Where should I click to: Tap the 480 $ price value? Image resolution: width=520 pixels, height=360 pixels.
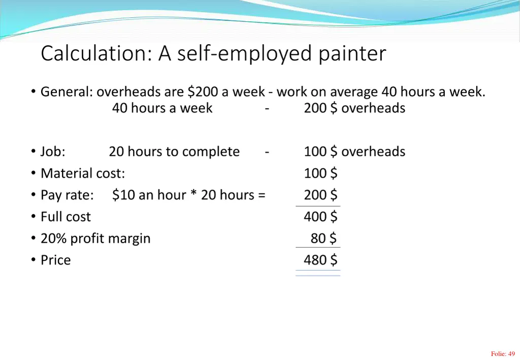coord(320,260)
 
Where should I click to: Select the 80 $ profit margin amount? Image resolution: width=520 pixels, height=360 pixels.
coord(324,238)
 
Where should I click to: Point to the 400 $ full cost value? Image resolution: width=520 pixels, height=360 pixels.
coord(320,217)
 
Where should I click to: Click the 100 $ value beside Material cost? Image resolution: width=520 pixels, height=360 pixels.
coord(320,174)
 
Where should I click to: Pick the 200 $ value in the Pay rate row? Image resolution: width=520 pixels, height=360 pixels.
coord(320,195)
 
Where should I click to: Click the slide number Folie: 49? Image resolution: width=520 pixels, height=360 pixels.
coord(503,354)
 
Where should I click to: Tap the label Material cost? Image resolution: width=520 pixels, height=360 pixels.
coord(83,174)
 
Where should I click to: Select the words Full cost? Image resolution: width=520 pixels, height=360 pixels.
coord(66,217)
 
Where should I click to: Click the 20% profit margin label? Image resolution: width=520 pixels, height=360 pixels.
coord(95,239)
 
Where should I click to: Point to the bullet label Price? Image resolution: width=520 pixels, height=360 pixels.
coord(56,260)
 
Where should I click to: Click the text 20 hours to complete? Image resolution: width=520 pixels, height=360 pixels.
coord(174,152)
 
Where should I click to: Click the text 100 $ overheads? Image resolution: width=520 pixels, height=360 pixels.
coord(354,152)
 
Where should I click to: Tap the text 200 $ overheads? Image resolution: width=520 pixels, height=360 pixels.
coord(354,108)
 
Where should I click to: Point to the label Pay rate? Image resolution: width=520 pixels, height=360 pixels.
coord(67,195)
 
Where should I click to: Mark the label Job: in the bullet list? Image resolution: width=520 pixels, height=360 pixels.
coord(53,152)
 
